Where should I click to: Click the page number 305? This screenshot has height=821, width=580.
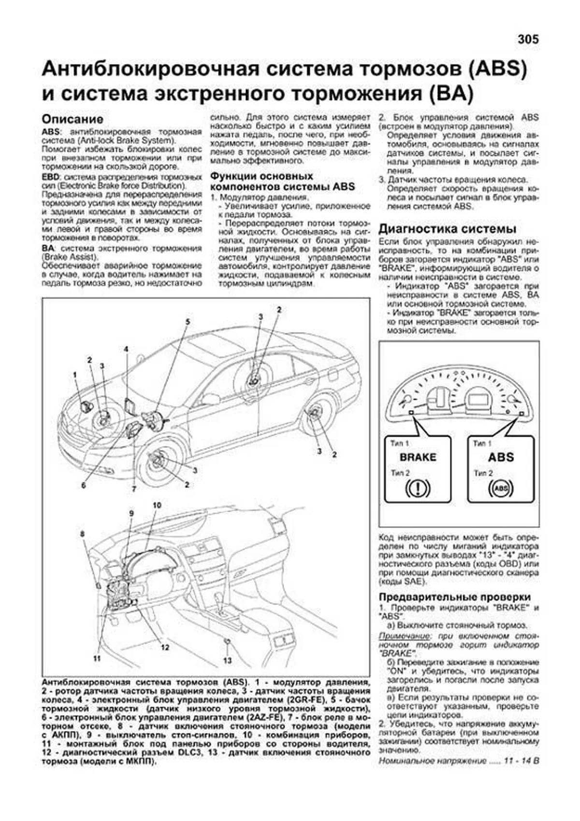click(527, 39)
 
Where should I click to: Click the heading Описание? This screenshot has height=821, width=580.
click(72, 119)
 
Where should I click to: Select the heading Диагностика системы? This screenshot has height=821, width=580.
click(447, 229)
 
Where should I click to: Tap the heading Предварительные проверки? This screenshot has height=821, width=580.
click(454, 597)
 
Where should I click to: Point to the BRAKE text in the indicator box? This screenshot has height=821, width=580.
click(418, 457)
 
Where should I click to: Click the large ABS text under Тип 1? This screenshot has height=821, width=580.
click(501, 457)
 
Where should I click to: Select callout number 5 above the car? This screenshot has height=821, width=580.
click(188, 322)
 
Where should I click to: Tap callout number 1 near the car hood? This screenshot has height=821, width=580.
click(75, 374)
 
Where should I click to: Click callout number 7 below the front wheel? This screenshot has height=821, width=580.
click(134, 489)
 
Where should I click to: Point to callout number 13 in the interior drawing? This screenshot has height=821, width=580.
click(227, 660)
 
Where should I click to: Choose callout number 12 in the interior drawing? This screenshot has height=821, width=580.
click(165, 647)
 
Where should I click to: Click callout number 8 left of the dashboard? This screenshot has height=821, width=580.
click(82, 534)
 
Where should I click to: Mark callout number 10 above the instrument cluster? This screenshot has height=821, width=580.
click(157, 506)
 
